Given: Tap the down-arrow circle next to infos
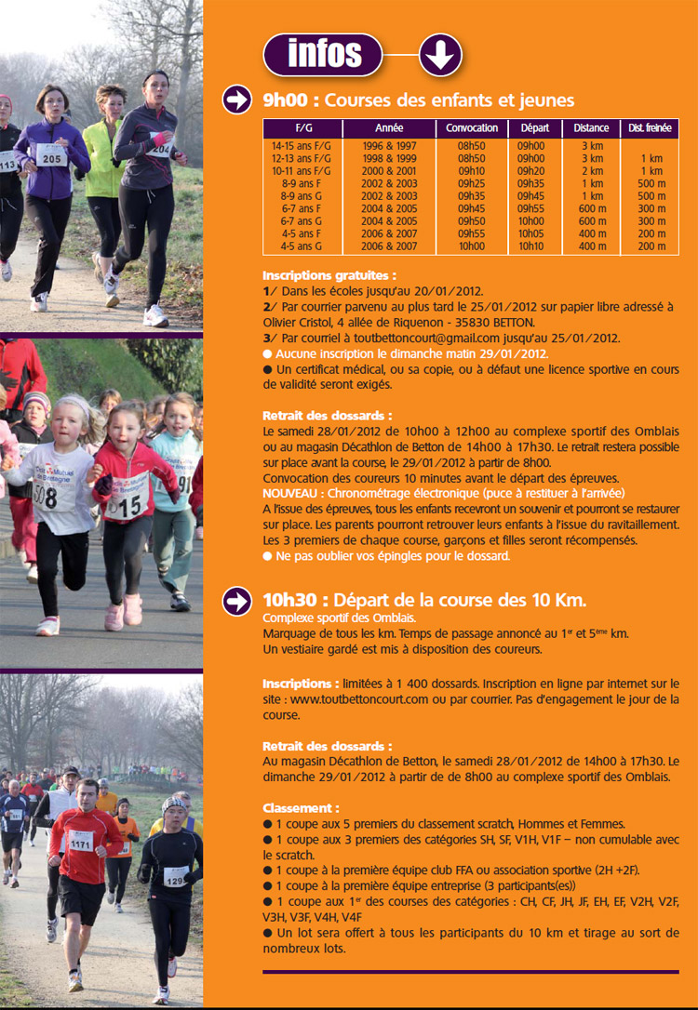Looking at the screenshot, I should [x=439, y=56].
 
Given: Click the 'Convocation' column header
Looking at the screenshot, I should [x=472, y=128].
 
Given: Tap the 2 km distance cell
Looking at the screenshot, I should [x=592, y=171].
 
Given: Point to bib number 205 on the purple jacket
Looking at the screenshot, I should [x=52, y=158].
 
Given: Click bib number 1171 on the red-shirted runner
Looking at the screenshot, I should [x=82, y=845].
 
